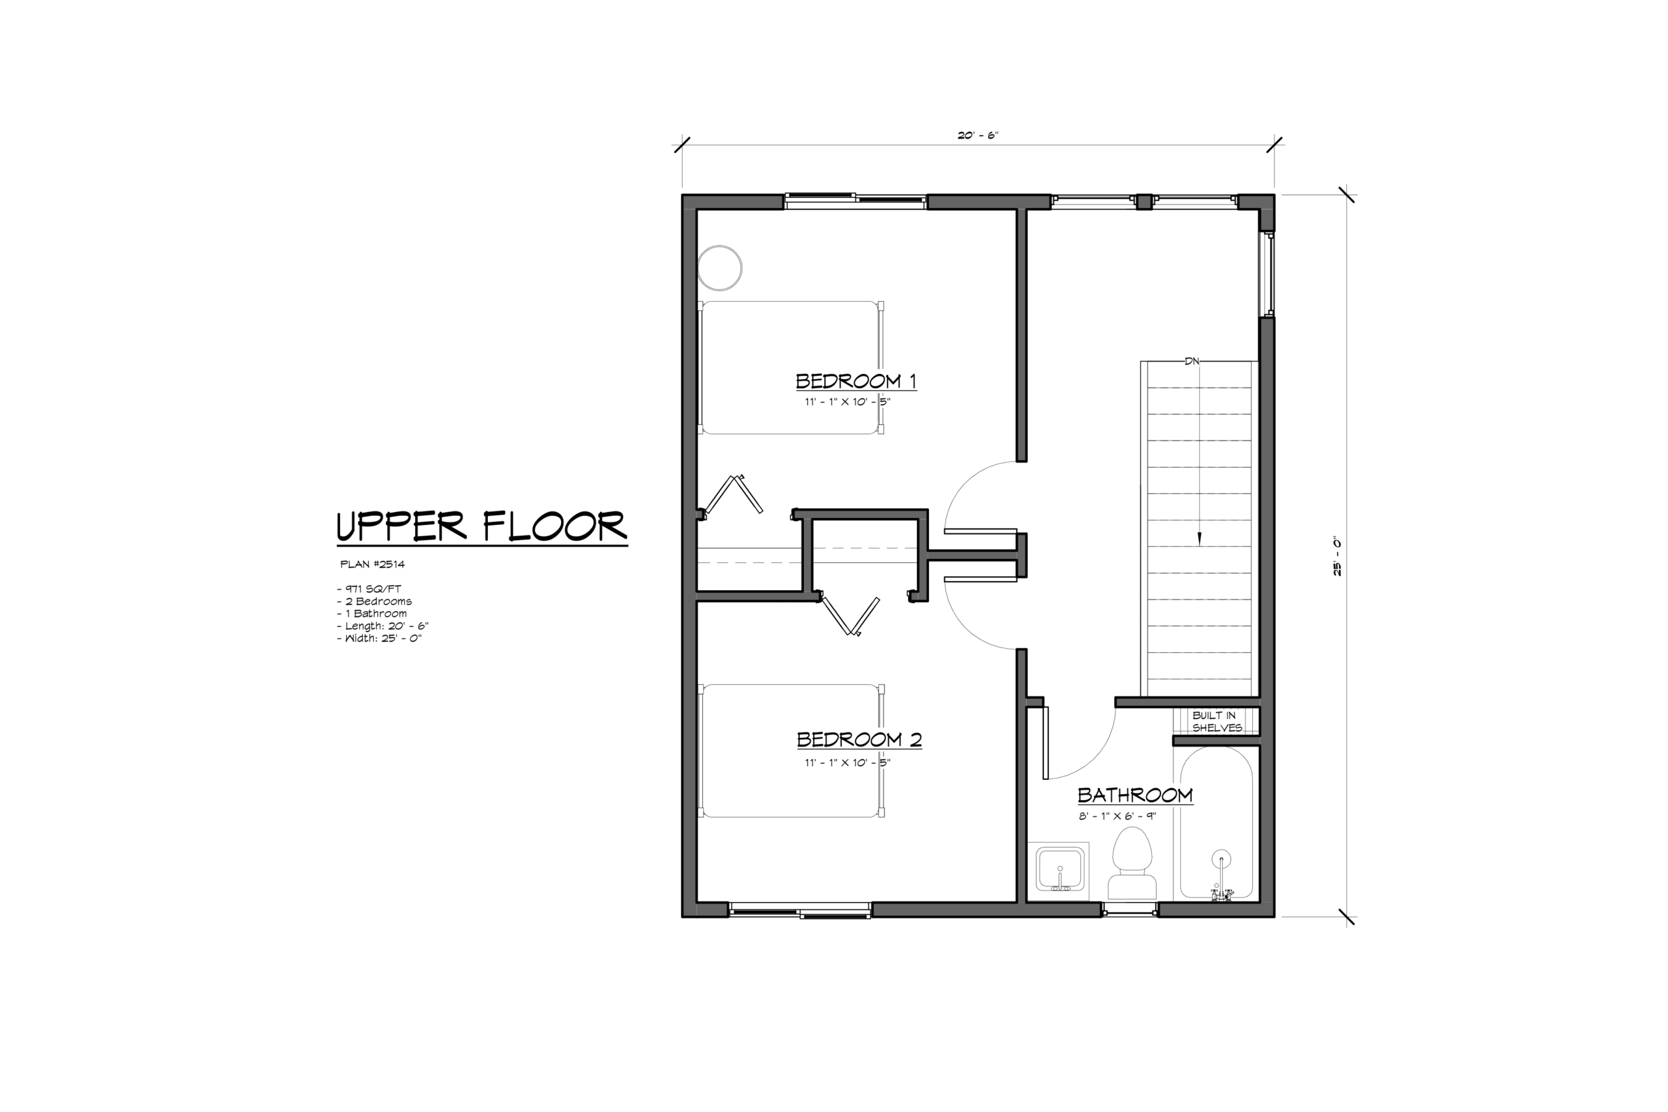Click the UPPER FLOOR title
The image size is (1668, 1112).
[482, 526]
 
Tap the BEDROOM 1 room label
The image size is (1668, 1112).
[856, 382]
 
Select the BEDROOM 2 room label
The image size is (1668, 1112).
[859, 739]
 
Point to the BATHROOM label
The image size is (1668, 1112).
[1134, 795]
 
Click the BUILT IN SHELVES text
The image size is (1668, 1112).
[1217, 721]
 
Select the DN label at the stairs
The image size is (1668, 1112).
[1192, 361]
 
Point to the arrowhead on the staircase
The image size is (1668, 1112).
[1200, 539]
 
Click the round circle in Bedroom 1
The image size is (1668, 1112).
[720, 268]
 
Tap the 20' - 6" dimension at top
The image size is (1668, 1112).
[978, 135]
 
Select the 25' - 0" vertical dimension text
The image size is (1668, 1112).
[1337, 556]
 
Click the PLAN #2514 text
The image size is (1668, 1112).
[372, 565]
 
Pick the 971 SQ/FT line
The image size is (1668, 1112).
[369, 589]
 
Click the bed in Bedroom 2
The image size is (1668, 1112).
[792, 750]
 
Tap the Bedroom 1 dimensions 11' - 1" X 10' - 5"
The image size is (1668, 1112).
[848, 402]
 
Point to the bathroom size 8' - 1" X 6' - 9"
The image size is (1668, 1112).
[1117, 816]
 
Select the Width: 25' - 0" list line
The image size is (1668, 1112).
[379, 638]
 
